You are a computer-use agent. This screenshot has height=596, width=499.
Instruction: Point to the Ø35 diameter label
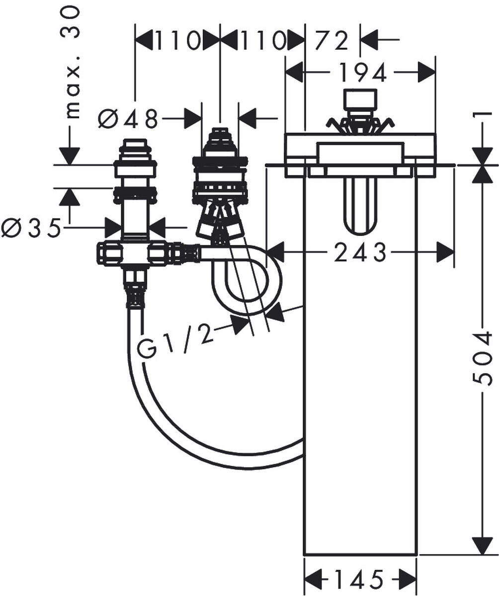[31, 228]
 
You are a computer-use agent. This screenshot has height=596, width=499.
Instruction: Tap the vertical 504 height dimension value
[482, 359]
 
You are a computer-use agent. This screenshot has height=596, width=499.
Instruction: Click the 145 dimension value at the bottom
[359, 579]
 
